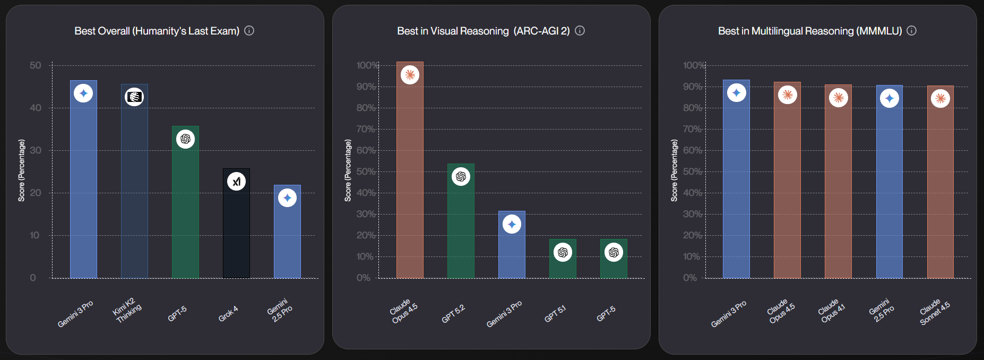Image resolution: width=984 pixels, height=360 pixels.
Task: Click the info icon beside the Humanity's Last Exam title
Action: click(x=249, y=31)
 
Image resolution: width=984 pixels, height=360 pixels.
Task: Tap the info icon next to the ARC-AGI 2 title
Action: click(x=580, y=31)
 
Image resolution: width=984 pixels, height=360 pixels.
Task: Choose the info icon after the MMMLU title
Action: click(x=911, y=31)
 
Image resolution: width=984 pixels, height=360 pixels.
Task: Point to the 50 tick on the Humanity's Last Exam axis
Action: click(x=35, y=65)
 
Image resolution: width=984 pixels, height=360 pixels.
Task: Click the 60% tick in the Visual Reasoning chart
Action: click(x=366, y=150)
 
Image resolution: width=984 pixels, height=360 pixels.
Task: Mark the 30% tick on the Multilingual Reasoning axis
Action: click(x=692, y=214)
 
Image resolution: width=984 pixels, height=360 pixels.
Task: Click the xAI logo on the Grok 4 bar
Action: click(x=236, y=182)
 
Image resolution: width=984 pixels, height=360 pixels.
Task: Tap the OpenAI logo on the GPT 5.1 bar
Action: click(x=563, y=252)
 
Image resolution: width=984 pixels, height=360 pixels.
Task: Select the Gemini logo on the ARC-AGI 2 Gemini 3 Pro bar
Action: click(x=512, y=224)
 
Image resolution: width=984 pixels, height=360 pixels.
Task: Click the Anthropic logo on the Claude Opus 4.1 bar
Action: click(x=838, y=98)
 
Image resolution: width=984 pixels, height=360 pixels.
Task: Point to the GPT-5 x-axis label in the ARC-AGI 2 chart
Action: click(x=606, y=314)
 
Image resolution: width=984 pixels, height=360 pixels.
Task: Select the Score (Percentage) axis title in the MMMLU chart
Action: click(x=674, y=170)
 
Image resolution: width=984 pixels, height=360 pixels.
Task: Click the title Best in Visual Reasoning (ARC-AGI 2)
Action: click(x=483, y=31)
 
